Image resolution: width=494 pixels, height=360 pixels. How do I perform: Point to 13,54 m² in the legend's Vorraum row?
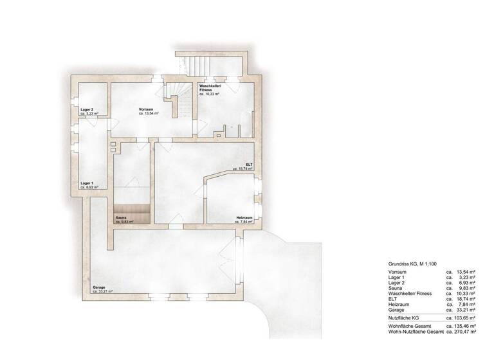(466, 273)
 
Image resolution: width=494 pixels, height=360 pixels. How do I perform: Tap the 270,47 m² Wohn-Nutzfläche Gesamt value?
(464, 333)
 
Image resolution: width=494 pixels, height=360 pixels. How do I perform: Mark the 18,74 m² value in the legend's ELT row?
(466, 298)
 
